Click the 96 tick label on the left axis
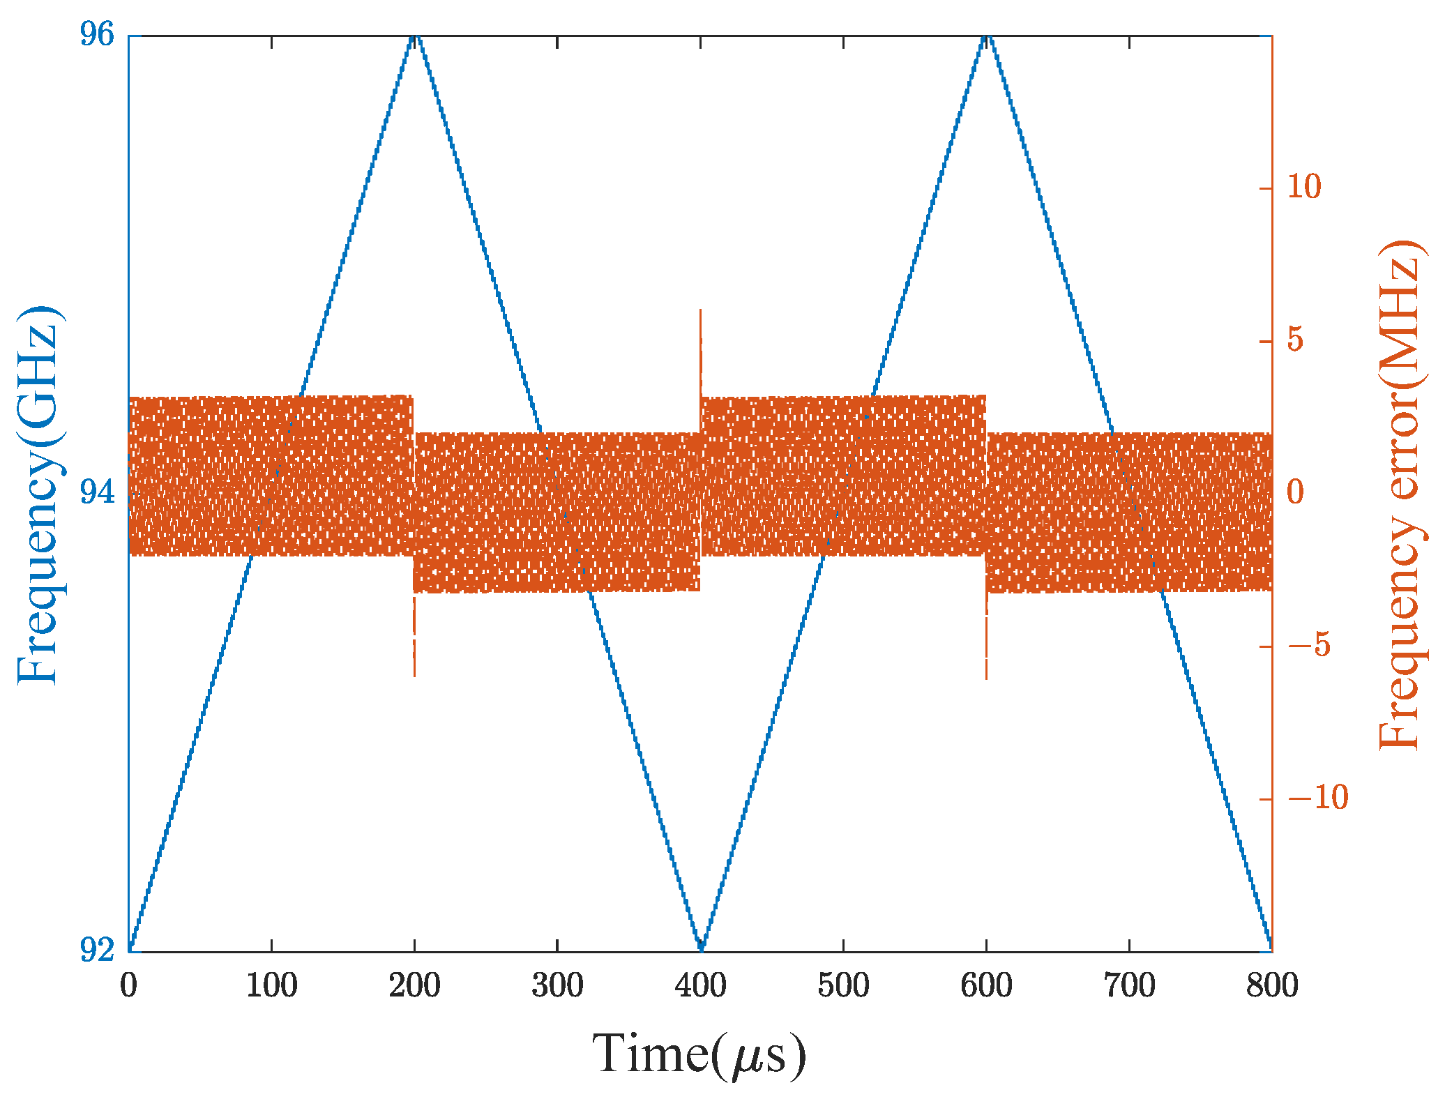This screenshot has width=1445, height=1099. [96, 35]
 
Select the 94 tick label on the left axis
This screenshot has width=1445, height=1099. [96, 493]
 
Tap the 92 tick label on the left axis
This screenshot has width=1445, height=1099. [96, 950]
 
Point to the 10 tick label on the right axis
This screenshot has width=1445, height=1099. [1303, 188]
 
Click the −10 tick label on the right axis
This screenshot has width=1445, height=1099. [1317, 798]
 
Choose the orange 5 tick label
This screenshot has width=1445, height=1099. [1296, 340]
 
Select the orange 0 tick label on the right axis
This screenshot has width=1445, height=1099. [1296, 492]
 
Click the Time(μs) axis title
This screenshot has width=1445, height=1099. [699, 1053]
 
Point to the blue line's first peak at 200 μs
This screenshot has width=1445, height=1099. [414, 38]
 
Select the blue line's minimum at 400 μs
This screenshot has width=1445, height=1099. [700, 948]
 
